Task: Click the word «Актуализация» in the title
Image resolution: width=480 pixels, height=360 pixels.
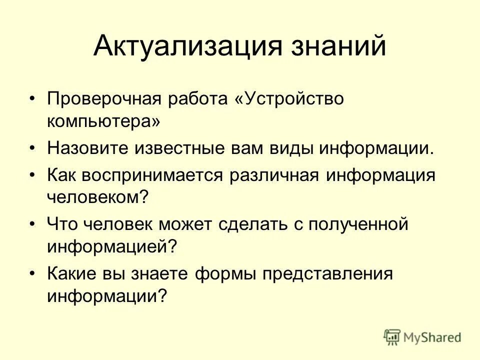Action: (182, 46)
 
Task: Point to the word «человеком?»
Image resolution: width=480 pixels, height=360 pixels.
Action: (98, 197)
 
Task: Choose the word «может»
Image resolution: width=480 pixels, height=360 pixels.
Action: (187, 224)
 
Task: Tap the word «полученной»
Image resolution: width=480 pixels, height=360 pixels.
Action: (358, 224)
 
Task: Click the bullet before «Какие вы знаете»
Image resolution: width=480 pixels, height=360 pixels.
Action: (32, 273)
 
